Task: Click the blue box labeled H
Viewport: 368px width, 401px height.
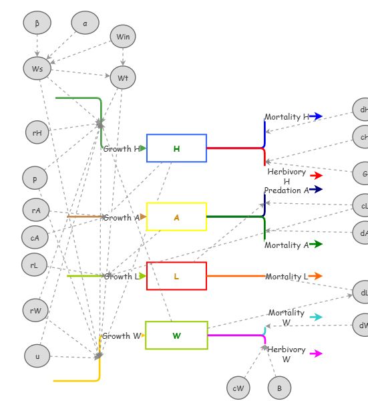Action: click(x=176, y=148)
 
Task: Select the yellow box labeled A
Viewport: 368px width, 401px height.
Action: click(x=176, y=217)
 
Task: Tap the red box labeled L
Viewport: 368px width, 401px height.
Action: click(x=176, y=276)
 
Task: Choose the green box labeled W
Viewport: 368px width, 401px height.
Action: click(x=176, y=335)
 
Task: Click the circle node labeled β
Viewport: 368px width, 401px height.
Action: click(x=37, y=23)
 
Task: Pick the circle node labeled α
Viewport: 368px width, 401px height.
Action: click(x=85, y=23)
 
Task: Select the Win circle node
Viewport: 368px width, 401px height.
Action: click(x=123, y=37)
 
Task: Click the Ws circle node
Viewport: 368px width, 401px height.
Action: click(x=37, y=68)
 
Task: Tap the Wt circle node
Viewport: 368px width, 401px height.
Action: click(x=123, y=78)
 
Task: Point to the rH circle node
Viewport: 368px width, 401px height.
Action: click(x=37, y=132)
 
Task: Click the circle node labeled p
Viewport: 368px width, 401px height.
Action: click(x=35, y=178)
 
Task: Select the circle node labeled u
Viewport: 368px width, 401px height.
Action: click(x=37, y=356)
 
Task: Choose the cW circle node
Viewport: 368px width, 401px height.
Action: click(x=238, y=388)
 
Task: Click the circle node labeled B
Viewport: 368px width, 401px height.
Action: click(x=279, y=388)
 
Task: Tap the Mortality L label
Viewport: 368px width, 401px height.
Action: click(x=287, y=276)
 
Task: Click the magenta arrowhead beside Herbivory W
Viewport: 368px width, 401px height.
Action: click(x=317, y=354)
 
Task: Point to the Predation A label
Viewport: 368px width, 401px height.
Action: click(x=287, y=190)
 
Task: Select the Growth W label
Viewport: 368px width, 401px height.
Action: click(x=121, y=336)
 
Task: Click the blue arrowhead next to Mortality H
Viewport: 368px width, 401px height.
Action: click(x=316, y=116)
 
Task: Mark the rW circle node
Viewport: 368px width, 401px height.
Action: click(x=35, y=310)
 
